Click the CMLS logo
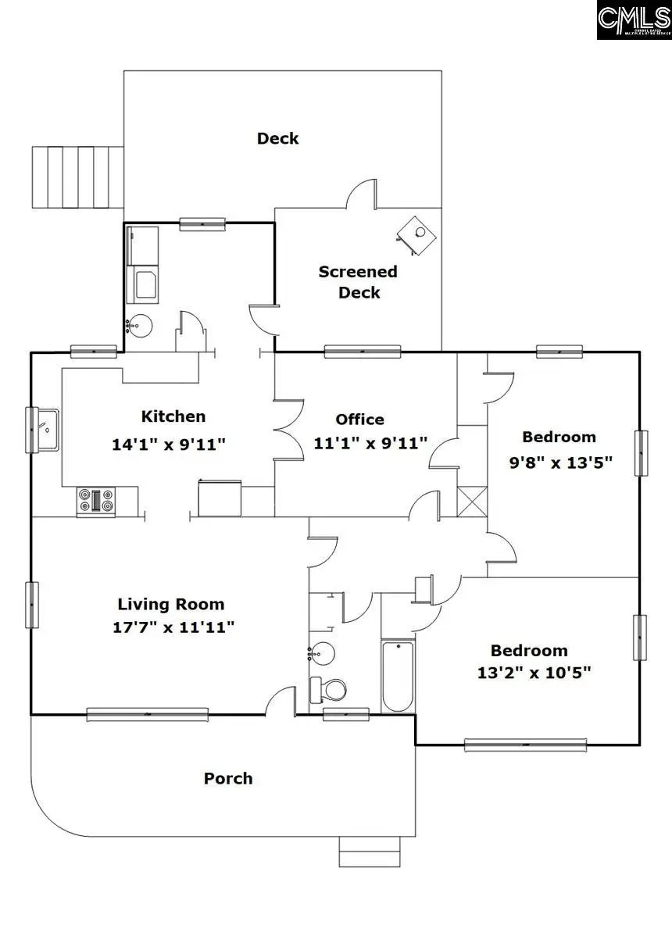(x=633, y=20)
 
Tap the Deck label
(x=277, y=138)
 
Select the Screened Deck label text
(x=358, y=282)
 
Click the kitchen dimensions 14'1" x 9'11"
(x=169, y=445)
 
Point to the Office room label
(x=359, y=420)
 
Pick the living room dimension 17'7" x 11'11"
(x=171, y=626)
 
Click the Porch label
(x=228, y=778)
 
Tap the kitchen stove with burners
(x=96, y=501)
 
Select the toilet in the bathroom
(x=329, y=690)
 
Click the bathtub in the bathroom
(x=398, y=676)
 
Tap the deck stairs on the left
(x=77, y=177)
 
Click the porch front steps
(x=371, y=851)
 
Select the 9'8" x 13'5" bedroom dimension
(x=560, y=462)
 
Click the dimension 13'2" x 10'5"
(x=529, y=672)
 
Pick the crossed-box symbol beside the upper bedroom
(x=473, y=501)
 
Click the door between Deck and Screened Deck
(x=362, y=195)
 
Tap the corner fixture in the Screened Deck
(x=416, y=233)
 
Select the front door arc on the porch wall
(x=280, y=701)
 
